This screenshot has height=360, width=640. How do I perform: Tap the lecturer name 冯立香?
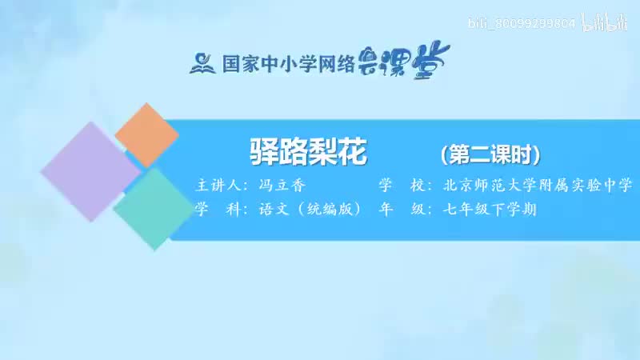click(x=282, y=186)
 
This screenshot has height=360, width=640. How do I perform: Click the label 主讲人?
click(x=220, y=186)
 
